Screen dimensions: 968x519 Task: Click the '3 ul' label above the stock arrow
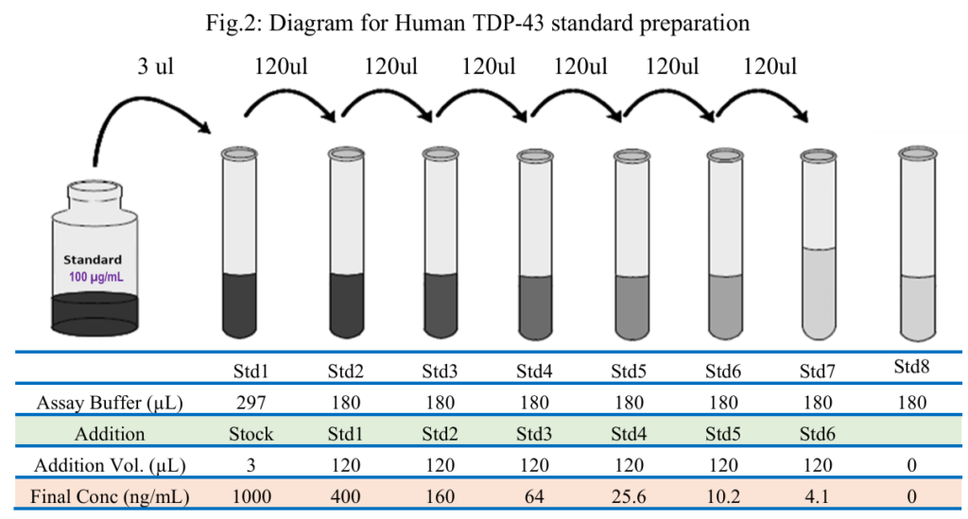(x=155, y=66)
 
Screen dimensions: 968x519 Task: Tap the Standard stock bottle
(x=95, y=257)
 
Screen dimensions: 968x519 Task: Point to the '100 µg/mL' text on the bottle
(x=95, y=276)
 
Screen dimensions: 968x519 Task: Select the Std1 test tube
(x=239, y=243)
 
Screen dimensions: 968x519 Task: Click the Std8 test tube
(x=917, y=244)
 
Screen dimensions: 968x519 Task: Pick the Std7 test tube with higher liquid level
(x=819, y=245)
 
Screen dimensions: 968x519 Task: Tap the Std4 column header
(x=534, y=372)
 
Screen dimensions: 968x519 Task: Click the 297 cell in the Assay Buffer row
(x=251, y=403)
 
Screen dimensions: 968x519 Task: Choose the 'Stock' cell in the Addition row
(x=251, y=434)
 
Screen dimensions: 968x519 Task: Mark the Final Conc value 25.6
(x=629, y=496)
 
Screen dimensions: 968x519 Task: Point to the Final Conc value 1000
(x=251, y=496)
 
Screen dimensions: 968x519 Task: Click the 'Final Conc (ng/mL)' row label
(x=110, y=496)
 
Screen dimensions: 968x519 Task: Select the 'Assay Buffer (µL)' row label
(x=110, y=403)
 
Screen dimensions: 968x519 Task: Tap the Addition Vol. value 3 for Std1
(x=251, y=465)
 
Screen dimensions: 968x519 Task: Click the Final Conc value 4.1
(x=818, y=496)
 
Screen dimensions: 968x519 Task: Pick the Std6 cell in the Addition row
(x=818, y=434)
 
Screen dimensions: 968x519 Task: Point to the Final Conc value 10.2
(x=723, y=496)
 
